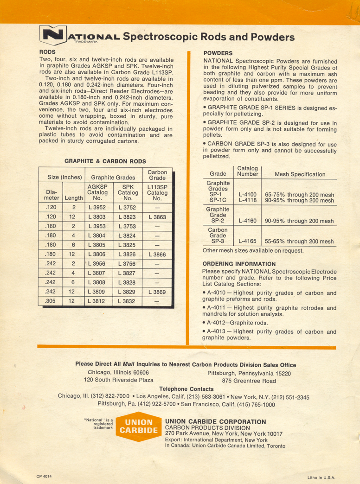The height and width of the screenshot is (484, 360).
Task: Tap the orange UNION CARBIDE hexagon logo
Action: (139, 426)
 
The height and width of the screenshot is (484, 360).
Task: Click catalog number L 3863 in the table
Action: (157, 217)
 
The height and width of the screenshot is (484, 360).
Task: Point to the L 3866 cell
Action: (157, 255)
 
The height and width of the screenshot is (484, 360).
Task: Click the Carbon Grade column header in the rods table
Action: (157, 174)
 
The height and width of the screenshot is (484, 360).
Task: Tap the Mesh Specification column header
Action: (300, 174)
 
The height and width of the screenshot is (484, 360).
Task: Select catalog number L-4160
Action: (248, 221)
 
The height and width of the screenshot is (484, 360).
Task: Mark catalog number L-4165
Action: (248, 241)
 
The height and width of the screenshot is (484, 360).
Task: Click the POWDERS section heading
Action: (218, 53)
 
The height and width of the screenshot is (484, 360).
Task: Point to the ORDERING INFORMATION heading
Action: (239, 264)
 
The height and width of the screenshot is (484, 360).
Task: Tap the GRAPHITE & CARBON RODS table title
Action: (105, 161)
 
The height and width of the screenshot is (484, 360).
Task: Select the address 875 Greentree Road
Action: (249, 381)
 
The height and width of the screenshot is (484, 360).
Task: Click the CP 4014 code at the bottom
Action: (45, 476)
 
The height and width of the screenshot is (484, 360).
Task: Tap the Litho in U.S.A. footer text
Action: (321, 477)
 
